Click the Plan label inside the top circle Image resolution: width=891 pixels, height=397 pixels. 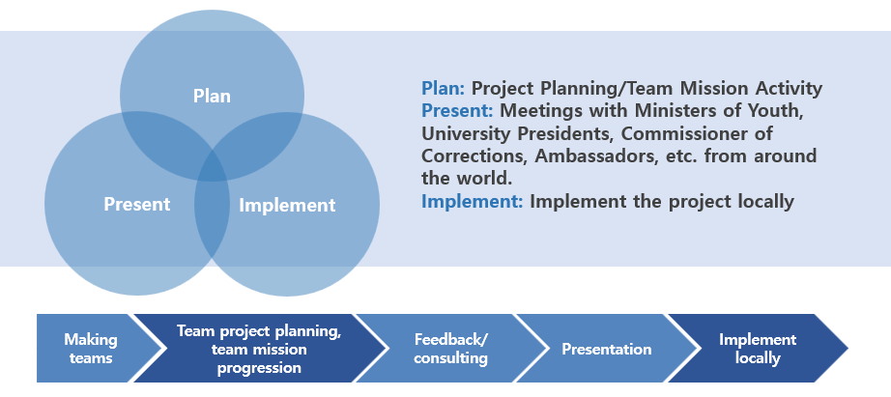212,96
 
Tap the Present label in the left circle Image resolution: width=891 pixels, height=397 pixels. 137,204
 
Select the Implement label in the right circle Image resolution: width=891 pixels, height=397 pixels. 287,205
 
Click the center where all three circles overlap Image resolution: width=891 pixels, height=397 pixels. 212,165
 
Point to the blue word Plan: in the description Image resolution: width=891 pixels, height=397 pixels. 444,88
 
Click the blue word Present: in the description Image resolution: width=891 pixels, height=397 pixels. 457,111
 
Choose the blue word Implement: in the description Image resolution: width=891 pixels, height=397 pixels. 473,202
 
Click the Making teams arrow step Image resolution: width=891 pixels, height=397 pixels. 91,348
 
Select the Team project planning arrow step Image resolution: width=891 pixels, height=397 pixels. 259,348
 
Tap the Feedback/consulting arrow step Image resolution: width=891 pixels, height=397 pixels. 450,348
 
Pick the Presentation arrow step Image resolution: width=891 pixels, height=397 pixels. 606,348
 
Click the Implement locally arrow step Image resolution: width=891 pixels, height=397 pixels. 758,348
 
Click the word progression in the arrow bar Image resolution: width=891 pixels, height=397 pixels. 259,367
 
